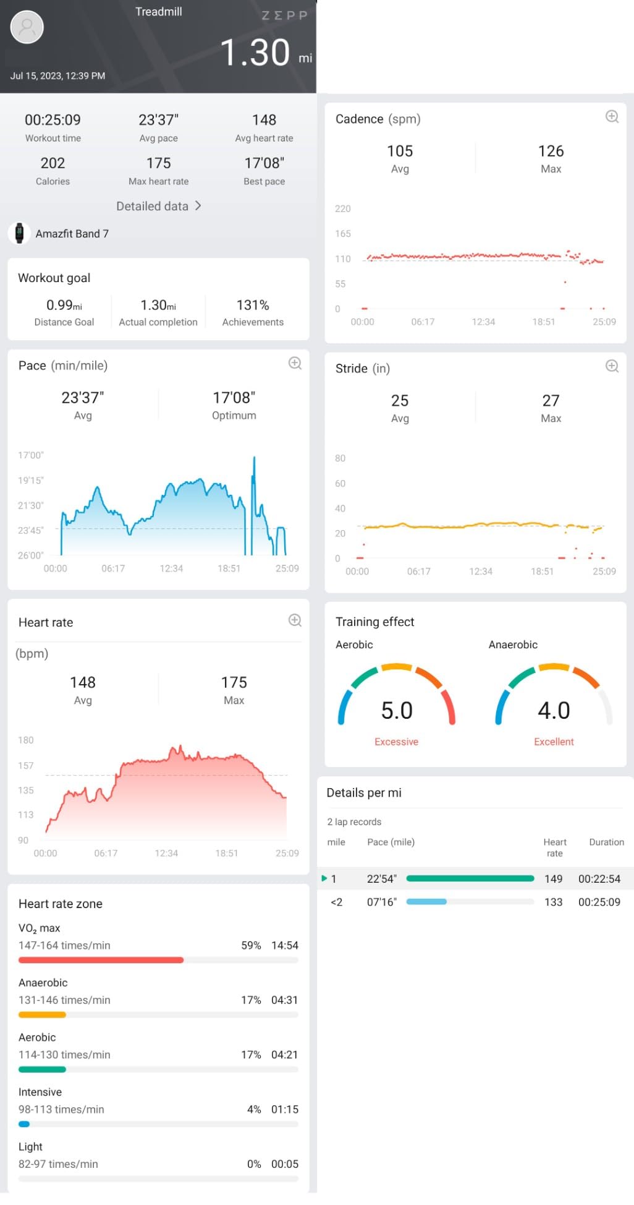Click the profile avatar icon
[x=27, y=27]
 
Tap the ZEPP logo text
[x=284, y=15]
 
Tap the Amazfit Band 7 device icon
[x=19, y=233]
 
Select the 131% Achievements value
[x=253, y=305]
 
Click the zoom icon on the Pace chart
[x=295, y=364]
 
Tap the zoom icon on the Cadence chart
[x=612, y=117]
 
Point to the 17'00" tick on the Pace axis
[x=30, y=455]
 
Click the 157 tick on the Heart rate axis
[x=26, y=765]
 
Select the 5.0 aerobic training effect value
[x=397, y=710]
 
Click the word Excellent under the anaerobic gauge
[x=554, y=742]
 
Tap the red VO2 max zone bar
[x=101, y=960]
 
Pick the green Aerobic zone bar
[x=42, y=1070]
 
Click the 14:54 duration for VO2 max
[x=284, y=945]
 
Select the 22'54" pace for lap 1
[x=381, y=878]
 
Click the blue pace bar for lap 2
[x=426, y=902]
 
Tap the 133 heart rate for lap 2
[x=553, y=902]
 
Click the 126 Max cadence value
[x=551, y=151]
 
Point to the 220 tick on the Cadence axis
[x=342, y=208]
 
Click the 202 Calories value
[x=53, y=163]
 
